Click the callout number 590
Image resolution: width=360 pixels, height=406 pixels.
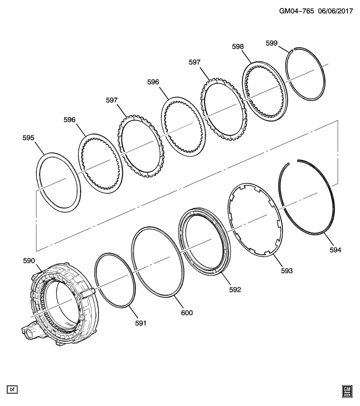click(x=29, y=261)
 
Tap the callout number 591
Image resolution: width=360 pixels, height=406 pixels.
click(x=140, y=323)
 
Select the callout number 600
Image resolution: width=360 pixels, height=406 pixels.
click(x=187, y=313)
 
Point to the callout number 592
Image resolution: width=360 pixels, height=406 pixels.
click(x=235, y=290)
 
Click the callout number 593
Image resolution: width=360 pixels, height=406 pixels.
click(x=286, y=270)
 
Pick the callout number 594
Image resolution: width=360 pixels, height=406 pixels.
click(x=335, y=250)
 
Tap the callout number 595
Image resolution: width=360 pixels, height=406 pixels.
click(x=29, y=137)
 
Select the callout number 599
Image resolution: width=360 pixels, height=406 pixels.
click(x=271, y=43)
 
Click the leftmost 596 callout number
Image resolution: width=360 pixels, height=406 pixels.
click(x=69, y=120)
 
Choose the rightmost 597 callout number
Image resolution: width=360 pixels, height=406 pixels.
click(x=195, y=62)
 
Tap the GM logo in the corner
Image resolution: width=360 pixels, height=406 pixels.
click(x=347, y=391)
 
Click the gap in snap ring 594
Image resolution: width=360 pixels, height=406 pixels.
click(x=293, y=162)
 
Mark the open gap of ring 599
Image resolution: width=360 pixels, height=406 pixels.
click(x=291, y=49)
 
